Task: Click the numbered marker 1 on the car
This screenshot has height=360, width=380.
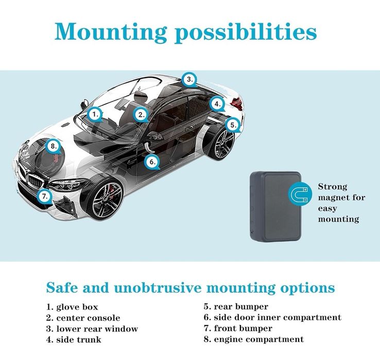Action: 95,114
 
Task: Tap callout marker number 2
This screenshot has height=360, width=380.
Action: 142,115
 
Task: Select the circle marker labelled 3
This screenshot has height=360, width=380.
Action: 190,80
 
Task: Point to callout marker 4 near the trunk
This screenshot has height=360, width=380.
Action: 218,103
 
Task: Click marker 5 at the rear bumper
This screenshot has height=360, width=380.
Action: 233,124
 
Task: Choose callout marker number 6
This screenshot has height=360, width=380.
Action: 152,162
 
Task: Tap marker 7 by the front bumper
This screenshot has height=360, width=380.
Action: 45,195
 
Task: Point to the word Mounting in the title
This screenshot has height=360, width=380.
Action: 110,32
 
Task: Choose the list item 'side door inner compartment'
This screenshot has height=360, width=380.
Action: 272,317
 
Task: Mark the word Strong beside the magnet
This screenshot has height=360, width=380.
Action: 333,187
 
